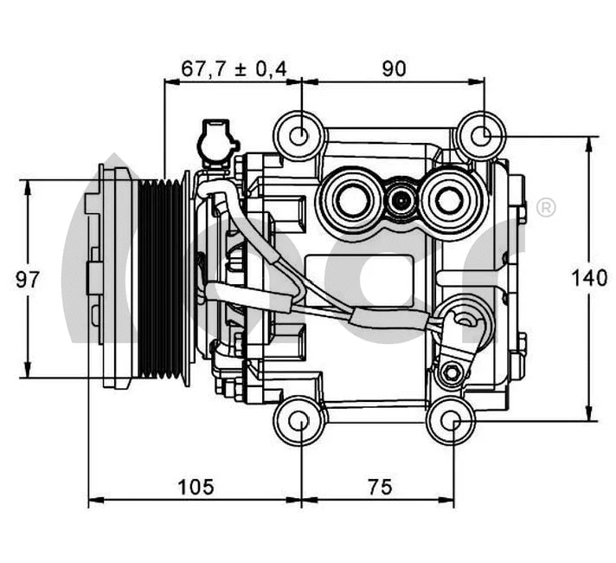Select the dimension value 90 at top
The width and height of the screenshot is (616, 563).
pos(394,68)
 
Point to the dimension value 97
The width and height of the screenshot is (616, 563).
pos(28,279)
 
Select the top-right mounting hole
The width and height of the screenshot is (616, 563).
pos(483,135)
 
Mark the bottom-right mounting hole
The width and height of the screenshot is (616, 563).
pos(452,422)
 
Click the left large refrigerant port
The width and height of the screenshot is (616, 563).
pos(352,200)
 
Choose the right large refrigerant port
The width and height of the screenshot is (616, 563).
pos(448,200)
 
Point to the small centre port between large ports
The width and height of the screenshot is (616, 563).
pos(401,202)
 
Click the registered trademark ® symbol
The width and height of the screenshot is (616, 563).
pos(546,208)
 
